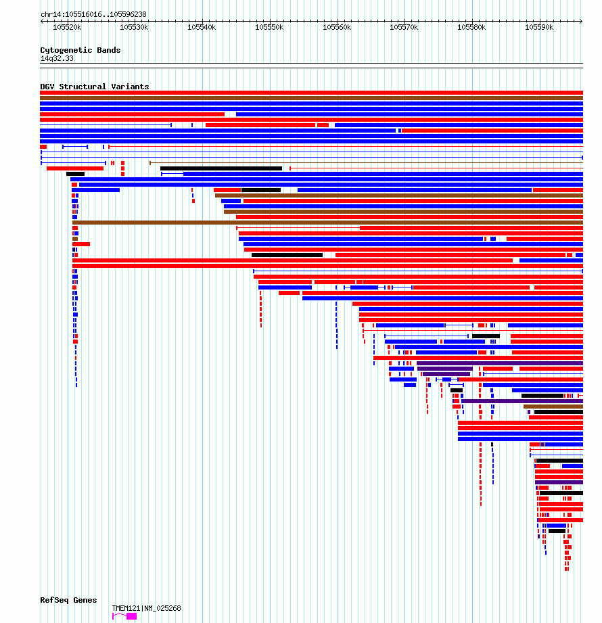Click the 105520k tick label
[x=67, y=27]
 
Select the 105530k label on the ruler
[x=134, y=27]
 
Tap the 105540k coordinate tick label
[x=202, y=27]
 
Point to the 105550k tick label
[x=269, y=27]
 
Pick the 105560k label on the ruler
[x=337, y=27]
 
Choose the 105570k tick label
[x=404, y=27]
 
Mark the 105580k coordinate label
[x=471, y=27]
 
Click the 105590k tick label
[x=539, y=27]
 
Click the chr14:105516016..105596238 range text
[x=93, y=14]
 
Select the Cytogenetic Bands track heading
[x=80, y=50]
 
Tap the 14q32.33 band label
[x=57, y=58]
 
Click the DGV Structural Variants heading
[x=95, y=87]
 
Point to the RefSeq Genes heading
[x=68, y=600]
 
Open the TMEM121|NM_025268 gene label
[x=146, y=608]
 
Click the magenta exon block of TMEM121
[x=131, y=616]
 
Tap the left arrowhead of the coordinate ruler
[x=42, y=21]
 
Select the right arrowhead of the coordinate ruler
[x=581, y=21]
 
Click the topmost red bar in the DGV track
[x=312, y=93]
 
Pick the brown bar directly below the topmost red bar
[x=312, y=98]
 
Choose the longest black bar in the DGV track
[x=221, y=168]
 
